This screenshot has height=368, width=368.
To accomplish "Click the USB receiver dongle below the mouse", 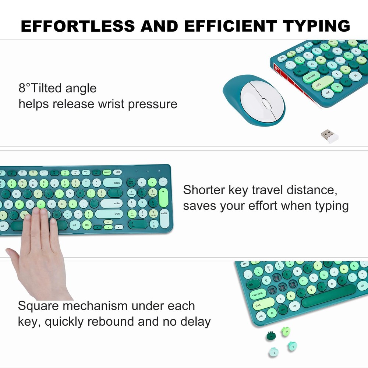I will pos(329,136).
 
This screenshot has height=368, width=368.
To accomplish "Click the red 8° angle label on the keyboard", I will pos(277,68).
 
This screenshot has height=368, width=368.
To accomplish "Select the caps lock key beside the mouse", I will pos(311,77).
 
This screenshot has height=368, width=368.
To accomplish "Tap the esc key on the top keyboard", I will pos(283,57).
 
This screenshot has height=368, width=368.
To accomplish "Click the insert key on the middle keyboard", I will pos(107,172).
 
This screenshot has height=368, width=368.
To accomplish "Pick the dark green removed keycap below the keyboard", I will pos(271,335).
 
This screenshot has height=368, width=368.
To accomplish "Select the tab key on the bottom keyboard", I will pos(251,284).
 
